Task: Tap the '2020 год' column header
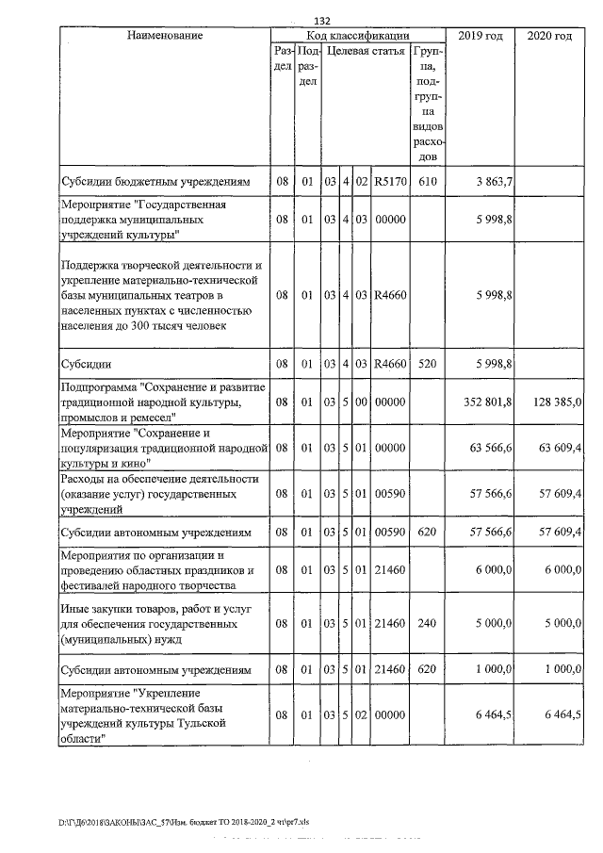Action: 550,35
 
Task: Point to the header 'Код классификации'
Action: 358,35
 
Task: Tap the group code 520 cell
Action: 428,363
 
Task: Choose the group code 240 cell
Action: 428,624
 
